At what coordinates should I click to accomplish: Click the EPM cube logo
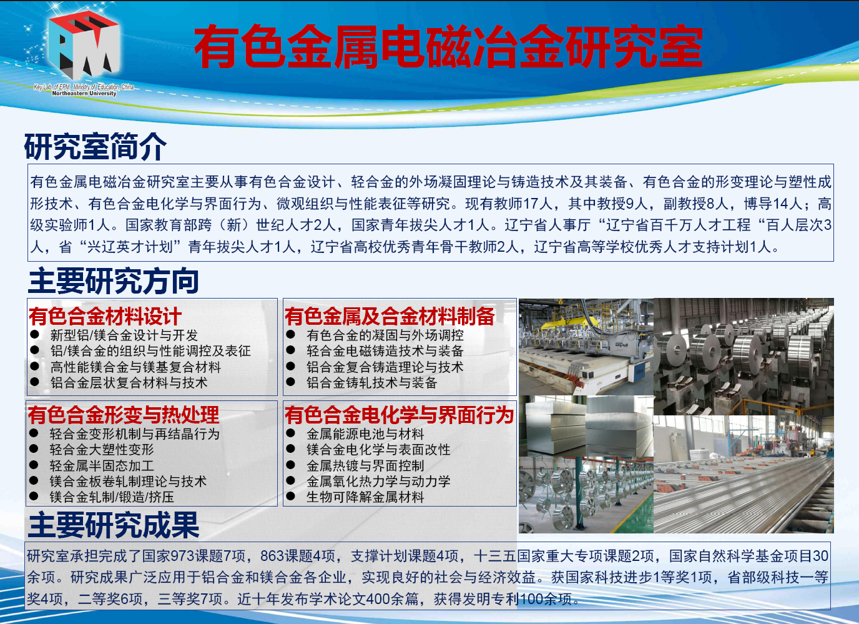coord(84,44)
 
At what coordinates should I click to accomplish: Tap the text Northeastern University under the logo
coord(84,93)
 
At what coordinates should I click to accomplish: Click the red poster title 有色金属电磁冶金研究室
coord(448,46)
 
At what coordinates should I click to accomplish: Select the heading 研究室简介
coord(96,146)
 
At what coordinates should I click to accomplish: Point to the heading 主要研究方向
coord(113,280)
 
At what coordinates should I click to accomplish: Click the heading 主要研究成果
coord(114,525)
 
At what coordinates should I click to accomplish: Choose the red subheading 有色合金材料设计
coord(105,316)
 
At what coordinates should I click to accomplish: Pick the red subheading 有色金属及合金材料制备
coord(390,316)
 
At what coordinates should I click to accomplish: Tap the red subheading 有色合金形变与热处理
coord(124,415)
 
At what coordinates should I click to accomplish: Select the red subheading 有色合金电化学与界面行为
coord(399,415)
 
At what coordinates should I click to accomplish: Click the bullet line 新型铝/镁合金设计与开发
coord(124,335)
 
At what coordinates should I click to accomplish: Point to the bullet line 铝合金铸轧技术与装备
coord(371,383)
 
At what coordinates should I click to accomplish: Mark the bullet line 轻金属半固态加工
coord(102,465)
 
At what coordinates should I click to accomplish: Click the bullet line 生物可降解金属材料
coord(365,497)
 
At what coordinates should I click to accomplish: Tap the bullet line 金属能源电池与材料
coord(365,434)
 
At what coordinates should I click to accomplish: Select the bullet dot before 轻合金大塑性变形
coord(34,448)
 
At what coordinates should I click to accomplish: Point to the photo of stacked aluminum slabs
coord(586,426)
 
